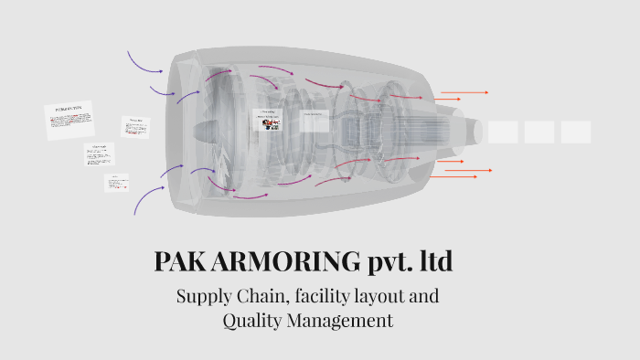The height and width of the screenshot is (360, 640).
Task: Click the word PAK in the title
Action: click(x=179, y=262)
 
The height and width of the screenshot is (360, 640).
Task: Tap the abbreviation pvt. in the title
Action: click(x=393, y=263)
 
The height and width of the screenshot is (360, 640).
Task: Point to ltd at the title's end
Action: click(x=437, y=262)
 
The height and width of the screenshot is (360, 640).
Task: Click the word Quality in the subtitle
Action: click(x=253, y=322)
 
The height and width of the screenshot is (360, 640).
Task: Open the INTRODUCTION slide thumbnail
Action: click(x=69, y=121)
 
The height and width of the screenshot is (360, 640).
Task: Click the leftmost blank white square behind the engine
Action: click(x=503, y=132)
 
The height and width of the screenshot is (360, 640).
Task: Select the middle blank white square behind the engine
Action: click(x=539, y=132)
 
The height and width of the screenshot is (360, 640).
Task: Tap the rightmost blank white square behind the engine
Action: click(x=576, y=132)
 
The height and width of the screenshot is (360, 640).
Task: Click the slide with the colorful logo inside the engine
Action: click(x=267, y=122)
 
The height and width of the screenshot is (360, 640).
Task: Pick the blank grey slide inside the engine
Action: click(x=314, y=121)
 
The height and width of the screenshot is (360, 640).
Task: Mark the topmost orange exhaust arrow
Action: click(x=464, y=92)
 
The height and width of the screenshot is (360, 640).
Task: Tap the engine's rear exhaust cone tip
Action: click(x=476, y=131)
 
